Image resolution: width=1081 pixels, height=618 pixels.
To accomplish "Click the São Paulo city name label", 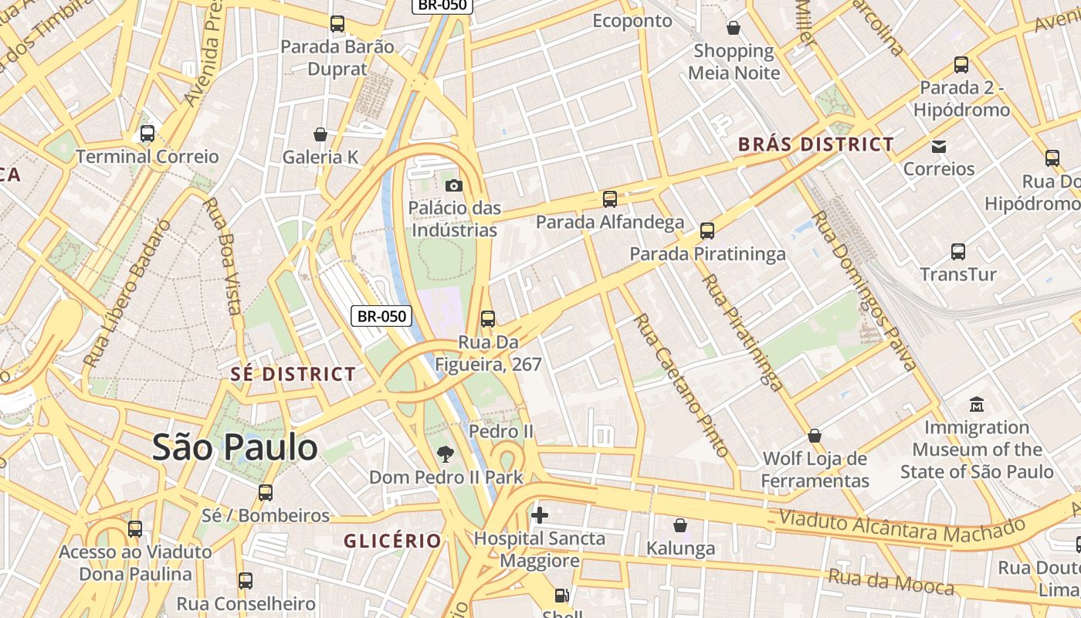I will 235,447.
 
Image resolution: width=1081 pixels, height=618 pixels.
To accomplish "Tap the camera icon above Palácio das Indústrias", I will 454,185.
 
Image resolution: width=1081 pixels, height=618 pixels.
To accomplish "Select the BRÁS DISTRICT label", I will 816,144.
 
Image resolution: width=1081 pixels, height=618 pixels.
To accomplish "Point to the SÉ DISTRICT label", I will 293,375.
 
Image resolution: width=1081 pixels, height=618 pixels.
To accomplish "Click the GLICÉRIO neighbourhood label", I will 393,541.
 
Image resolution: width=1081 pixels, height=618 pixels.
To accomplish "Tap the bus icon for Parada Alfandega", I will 610,199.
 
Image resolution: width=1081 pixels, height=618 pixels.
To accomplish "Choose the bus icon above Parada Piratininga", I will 707,230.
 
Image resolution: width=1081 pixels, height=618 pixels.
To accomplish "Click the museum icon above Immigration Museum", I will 977,404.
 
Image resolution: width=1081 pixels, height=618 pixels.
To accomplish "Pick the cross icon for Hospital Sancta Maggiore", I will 540,514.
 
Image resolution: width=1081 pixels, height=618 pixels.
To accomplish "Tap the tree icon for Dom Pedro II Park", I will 445,453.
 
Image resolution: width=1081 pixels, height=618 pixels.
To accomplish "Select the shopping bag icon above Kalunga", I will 680,526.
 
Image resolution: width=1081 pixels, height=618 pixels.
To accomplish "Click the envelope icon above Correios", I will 939,146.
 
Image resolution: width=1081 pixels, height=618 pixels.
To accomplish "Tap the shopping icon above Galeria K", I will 320,134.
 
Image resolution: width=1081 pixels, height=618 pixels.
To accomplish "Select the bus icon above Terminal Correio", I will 147,134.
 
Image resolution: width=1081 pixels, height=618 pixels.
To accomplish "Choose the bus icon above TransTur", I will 958,251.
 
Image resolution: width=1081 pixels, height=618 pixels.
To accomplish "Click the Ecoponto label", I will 632,21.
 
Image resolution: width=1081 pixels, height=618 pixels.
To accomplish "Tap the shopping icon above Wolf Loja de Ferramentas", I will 815,436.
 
